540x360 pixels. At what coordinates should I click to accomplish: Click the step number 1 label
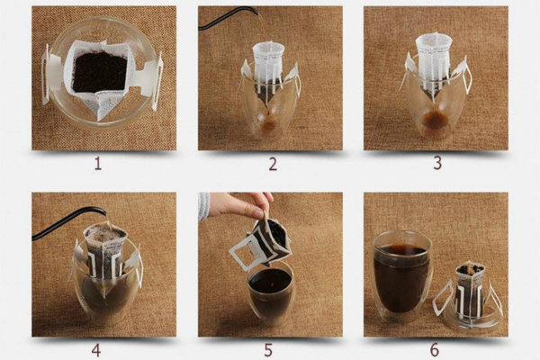(98, 164)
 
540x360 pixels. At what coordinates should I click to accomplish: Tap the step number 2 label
(273, 165)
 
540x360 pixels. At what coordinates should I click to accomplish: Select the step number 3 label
(437, 163)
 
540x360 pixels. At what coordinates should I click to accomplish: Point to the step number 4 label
(96, 350)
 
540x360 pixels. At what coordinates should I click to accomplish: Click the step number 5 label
(268, 350)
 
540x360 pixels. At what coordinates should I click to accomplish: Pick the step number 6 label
(435, 350)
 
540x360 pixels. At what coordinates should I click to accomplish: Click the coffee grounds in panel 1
(100, 72)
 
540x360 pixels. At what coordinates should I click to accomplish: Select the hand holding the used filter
(241, 204)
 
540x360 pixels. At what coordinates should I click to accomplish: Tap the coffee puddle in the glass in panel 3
(434, 121)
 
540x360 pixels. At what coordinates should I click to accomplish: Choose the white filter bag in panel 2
(268, 69)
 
